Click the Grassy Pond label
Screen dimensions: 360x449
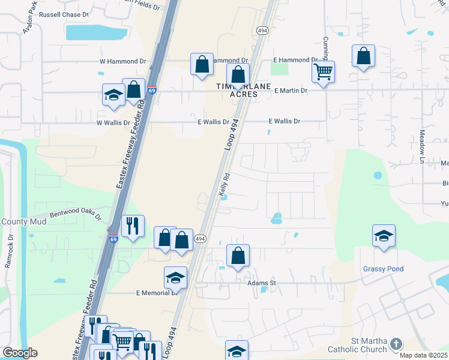(x=383, y=269)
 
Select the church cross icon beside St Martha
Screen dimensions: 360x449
(x=395, y=344)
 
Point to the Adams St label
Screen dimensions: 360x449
(x=261, y=282)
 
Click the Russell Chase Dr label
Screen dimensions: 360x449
(x=63, y=14)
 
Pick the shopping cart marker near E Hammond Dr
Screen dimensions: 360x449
(x=323, y=73)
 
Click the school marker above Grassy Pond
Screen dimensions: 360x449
(x=384, y=236)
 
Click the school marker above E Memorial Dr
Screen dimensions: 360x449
(x=175, y=278)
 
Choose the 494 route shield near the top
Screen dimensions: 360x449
(x=262, y=30)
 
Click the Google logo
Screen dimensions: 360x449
(x=20, y=353)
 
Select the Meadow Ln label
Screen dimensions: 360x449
(x=422, y=146)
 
